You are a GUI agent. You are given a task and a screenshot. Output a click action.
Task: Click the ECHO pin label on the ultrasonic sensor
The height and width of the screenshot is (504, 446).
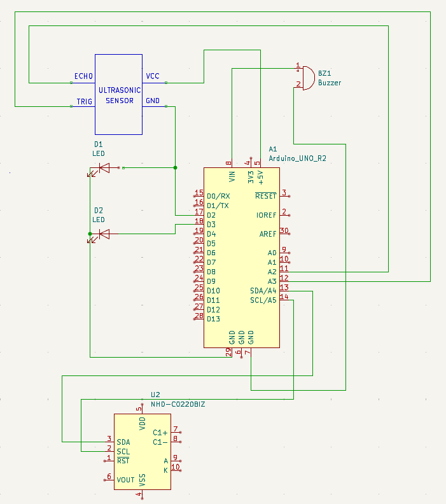click(83, 76)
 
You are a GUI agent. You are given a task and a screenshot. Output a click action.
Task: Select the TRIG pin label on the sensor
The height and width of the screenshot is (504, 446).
click(85, 101)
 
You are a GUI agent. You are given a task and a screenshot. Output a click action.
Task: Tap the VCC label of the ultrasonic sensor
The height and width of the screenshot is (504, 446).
click(153, 76)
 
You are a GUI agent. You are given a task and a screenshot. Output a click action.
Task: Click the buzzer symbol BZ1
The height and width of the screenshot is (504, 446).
click(307, 78)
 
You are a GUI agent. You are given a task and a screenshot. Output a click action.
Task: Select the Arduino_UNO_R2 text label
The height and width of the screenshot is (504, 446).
click(297, 158)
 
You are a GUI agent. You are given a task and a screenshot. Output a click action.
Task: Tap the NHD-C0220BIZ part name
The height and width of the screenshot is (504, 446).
click(178, 404)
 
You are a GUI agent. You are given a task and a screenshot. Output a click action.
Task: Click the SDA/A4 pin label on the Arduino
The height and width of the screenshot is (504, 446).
click(263, 291)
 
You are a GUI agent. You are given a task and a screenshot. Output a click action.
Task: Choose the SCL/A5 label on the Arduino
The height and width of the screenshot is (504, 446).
click(263, 300)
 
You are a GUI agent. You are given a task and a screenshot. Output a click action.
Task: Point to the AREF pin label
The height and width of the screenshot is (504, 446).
click(267, 234)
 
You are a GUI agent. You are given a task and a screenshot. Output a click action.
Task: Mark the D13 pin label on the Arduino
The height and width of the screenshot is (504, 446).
click(213, 319)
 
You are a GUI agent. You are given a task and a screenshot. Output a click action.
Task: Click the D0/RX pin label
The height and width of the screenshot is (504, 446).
click(218, 196)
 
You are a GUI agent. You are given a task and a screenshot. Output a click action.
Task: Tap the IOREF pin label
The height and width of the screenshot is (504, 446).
click(266, 215)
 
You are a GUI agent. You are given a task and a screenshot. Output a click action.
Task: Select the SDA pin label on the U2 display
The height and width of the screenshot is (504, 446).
click(123, 442)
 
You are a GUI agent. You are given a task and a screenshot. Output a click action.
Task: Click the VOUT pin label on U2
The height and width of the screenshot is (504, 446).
click(125, 480)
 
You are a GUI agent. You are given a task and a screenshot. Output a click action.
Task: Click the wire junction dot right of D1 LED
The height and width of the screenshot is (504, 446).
click(175, 167)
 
